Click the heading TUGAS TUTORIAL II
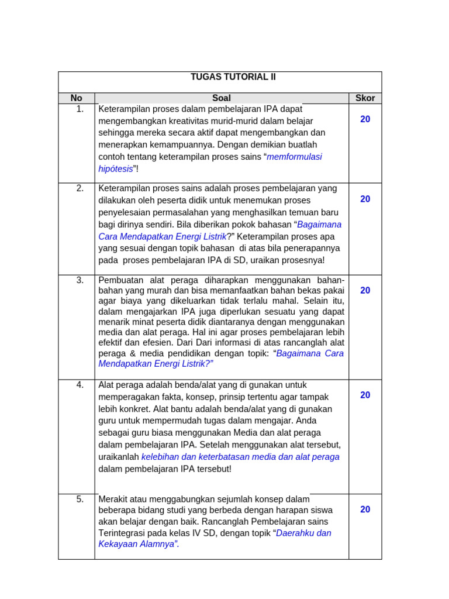click(233, 77)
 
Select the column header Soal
click(222, 98)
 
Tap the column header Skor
click(365, 98)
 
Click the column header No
click(77, 98)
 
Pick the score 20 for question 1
click(365, 119)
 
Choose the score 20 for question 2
click(365, 199)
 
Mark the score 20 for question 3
click(365, 290)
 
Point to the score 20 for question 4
click(365, 395)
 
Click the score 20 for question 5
click(365, 510)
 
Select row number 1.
click(80, 109)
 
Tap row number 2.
click(80, 188)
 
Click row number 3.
click(80, 280)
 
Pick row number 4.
click(80, 384)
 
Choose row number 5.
click(80, 499)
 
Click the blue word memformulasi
click(294, 157)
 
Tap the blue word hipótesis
click(116, 169)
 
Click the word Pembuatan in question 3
click(119, 280)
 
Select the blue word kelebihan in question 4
click(160, 457)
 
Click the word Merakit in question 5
click(113, 499)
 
